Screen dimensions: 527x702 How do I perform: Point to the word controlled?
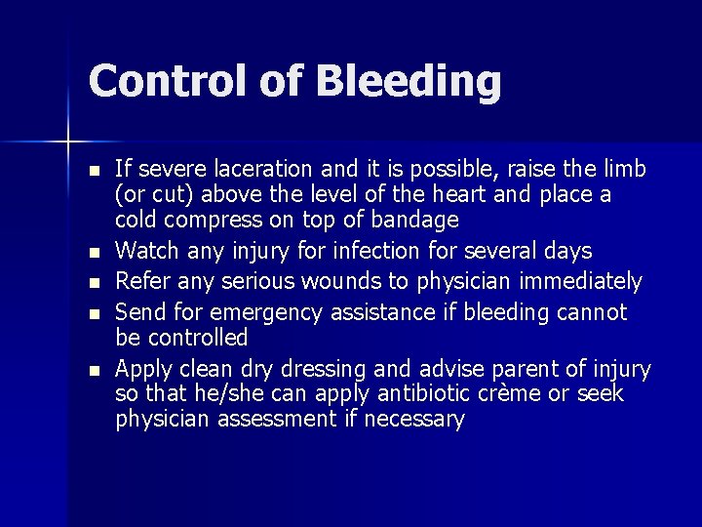[x=196, y=338]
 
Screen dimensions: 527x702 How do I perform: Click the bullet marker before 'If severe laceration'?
[x=94, y=171]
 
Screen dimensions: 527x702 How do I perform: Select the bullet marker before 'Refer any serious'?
[x=94, y=283]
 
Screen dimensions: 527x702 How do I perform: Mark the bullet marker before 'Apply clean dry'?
[x=94, y=370]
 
